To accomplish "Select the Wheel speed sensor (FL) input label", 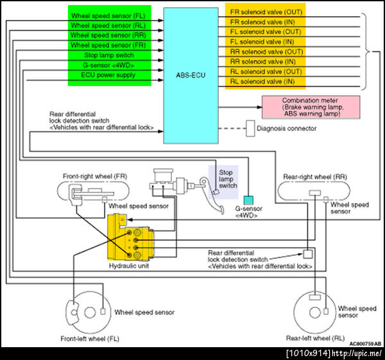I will (109, 14).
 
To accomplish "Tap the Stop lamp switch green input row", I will (109, 55).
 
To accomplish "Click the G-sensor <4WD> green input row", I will (109, 65).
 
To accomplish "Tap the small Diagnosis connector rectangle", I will (250, 128).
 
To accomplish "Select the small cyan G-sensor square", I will (248, 200).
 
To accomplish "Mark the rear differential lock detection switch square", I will (308, 253).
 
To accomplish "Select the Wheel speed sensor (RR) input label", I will (109, 35).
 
